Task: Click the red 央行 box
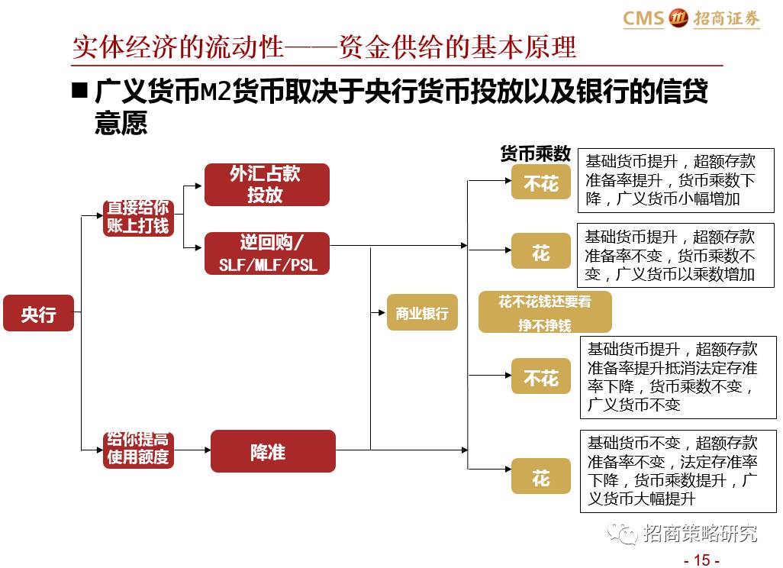tap(38, 313)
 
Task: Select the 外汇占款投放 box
tap(266, 185)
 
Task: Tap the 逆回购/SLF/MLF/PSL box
tap(266, 253)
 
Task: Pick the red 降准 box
tap(272, 451)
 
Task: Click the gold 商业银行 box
tap(422, 312)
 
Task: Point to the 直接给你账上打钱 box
tap(138, 218)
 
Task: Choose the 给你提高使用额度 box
tap(138, 450)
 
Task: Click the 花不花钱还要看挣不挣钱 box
tap(544, 313)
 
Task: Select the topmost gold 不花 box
tap(540, 183)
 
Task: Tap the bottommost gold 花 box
tap(540, 478)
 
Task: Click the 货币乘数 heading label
tap(535, 153)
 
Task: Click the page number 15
tap(701, 560)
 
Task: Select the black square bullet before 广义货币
tap(79, 91)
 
